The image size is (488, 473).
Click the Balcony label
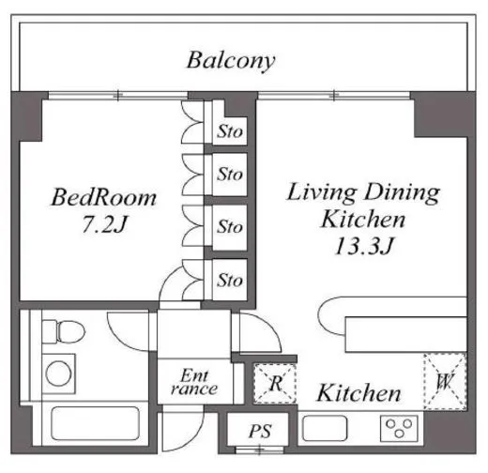231,61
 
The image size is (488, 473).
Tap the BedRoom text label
103,197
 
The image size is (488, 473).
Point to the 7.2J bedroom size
104,224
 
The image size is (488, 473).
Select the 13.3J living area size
364,246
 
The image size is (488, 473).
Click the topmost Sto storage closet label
230,131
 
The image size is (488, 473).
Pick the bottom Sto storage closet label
230,280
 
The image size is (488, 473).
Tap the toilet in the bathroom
64,331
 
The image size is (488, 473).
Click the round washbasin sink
58,374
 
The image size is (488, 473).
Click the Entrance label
194,382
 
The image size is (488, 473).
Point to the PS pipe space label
260,432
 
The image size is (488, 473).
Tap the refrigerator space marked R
275,383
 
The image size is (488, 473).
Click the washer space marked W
445,382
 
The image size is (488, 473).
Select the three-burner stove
399,428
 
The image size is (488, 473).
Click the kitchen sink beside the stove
325,428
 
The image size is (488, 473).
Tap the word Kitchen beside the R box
358,393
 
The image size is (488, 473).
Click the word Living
322,192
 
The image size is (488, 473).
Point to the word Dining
402,192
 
